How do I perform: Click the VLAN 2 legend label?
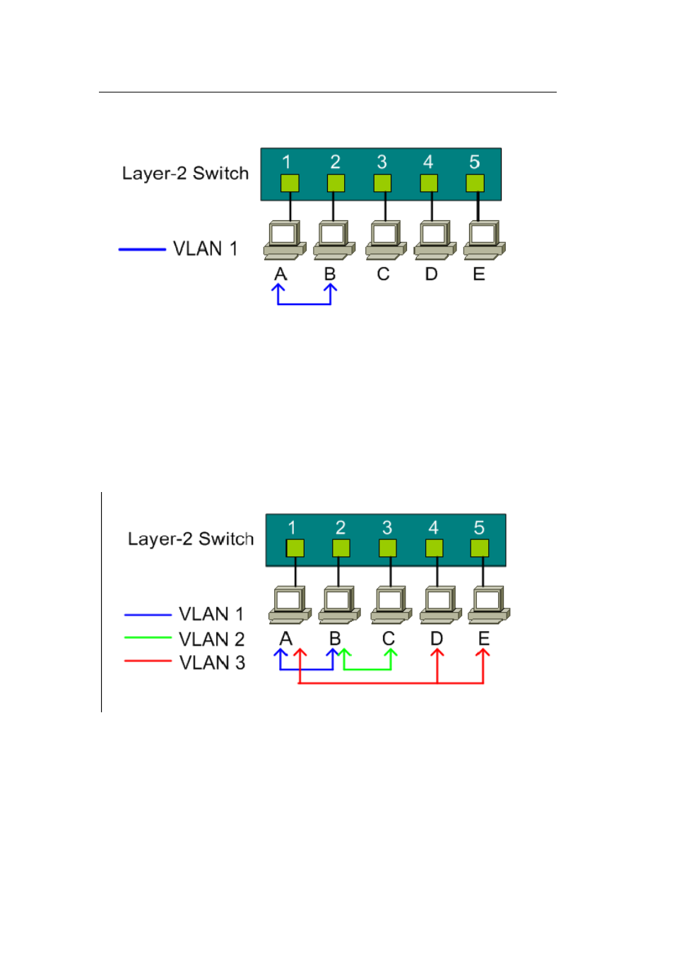click(212, 639)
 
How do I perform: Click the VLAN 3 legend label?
click(212, 662)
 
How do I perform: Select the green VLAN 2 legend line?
click(148, 637)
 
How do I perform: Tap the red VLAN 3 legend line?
click(148, 661)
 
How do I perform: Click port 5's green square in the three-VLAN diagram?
click(480, 548)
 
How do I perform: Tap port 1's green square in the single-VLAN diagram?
click(290, 183)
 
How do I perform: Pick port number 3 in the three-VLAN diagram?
click(386, 527)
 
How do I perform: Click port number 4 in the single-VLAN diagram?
click(428, 162)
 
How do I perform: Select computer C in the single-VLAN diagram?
click(386, 240)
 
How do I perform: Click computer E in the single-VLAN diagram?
click(484, 240)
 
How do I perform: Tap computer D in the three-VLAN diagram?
click(440, 605)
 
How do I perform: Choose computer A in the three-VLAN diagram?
click(290, 605)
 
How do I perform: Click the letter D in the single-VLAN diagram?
click(431, 274)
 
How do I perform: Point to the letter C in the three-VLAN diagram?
click(389, 639)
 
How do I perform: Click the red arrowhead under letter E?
click(483, 653)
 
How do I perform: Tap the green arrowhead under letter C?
click(391, 653)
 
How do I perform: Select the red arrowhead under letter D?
click(437, 653)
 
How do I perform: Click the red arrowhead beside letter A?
click(300, 653)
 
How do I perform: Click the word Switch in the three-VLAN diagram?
click(226, 539)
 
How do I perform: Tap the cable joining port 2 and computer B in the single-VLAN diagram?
click(333, 206)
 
